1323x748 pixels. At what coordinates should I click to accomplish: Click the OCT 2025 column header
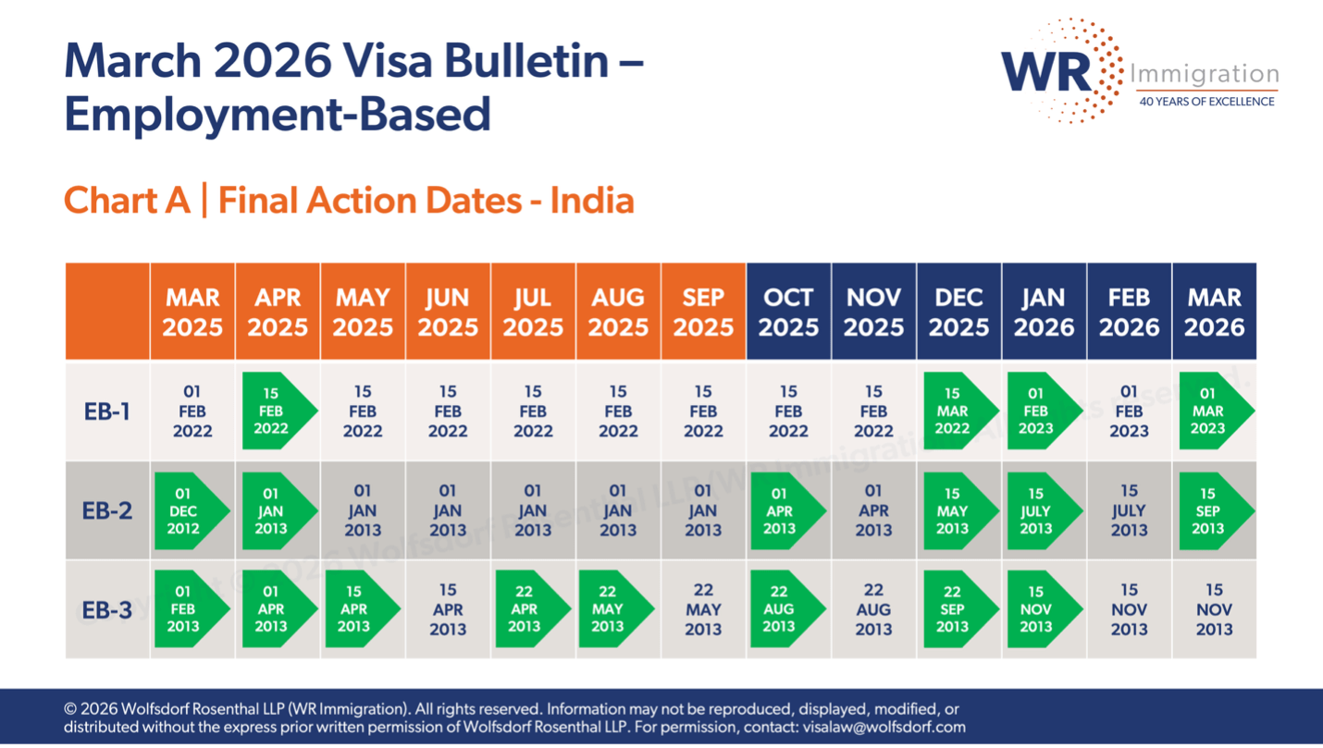tap(788, 312)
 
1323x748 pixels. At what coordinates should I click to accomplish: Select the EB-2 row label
tap(107, 510)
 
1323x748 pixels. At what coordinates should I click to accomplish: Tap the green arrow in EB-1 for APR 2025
tap(276, 411)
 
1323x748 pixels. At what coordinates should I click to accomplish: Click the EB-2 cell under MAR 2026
tap(1213, 510)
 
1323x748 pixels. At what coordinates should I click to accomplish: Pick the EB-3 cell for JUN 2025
tap(448, 609)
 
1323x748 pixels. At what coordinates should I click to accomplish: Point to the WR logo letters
tap(1046, 70)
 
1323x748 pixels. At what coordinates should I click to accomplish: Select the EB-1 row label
tap(107, 411)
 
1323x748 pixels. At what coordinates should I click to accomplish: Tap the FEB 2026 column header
tap(1129, 312)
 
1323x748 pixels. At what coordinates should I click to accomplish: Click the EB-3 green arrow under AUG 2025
tap(612, 609)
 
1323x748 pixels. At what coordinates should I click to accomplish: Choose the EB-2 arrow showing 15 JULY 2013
tap(1041, 510)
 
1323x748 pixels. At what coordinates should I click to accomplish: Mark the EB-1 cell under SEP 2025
tap(703, 411)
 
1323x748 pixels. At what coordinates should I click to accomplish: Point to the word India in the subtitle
tap(592, 201)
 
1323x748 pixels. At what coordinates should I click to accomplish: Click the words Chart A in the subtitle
tap(127, 201)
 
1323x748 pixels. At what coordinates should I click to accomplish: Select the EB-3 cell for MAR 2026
tap(1214, 609)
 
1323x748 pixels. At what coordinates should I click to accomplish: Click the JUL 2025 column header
tap(533, 312)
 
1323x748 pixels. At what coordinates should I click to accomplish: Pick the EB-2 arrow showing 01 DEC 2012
tap(189, 510)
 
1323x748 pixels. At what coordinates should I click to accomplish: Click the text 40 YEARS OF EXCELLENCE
tap(1206, 101)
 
